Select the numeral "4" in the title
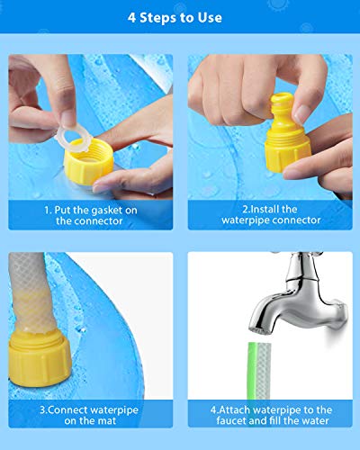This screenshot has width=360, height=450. [132, 18]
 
